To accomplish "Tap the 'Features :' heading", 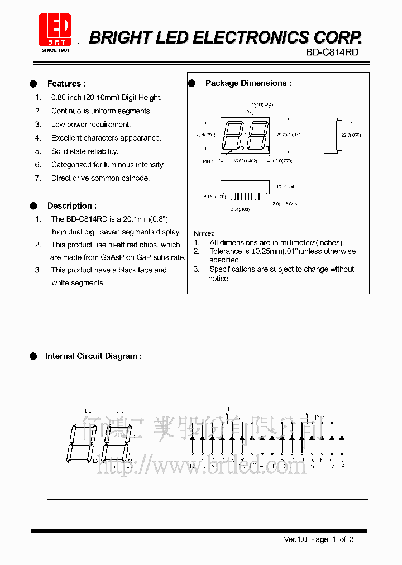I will tap(66, 84).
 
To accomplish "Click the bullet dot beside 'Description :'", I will tap(33, 205).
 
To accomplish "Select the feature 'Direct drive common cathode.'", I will tap(100, 178).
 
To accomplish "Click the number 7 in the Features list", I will tap(38, 178).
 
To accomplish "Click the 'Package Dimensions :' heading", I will tap(248, 83).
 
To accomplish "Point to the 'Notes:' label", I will tap(204, 233).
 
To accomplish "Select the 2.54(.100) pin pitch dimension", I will tap(241, 209).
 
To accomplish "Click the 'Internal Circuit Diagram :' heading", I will tap(93, 356).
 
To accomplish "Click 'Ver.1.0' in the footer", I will tap(296, 539).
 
